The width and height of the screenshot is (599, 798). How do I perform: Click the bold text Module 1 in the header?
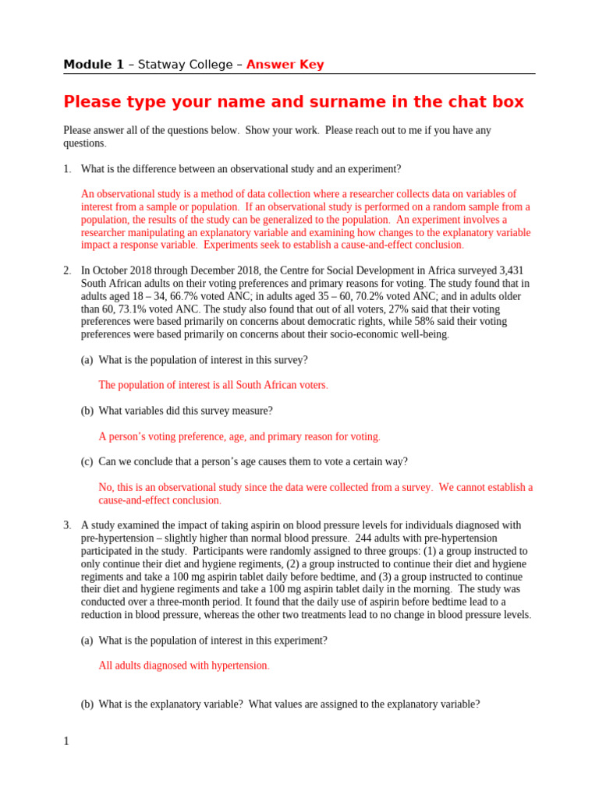pyautogui.click(x=93, y=65)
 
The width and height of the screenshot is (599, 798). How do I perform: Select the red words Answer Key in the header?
pyautogui.click(x=285, y=65)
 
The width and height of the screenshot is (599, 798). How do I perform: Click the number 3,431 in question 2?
pyautogui.click(x=514, y=271)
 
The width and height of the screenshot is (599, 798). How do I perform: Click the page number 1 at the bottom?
pyautogui.click(x=66, y=741)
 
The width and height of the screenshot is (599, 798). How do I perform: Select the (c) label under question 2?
pyautogui.click(x=87, y=461)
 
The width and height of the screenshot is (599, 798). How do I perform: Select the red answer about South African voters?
pyautogui.click(x=213, y=385)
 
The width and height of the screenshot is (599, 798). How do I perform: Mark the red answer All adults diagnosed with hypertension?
pyautogui.click(x=183, y=666)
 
